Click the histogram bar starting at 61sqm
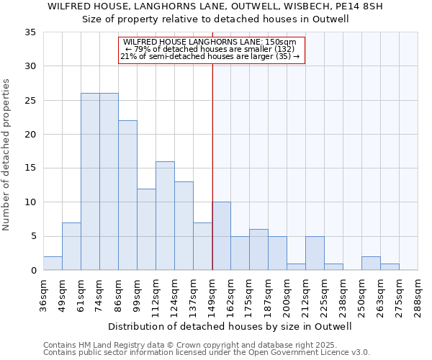pos(90,181)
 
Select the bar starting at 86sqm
pos(127,195)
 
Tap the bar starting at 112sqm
pos(165,216)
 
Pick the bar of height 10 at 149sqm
pos(221,236)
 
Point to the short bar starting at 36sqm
pos(53,264)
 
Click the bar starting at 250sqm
pos(371,264)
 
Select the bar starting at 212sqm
pos(315,253)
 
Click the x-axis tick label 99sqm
pos(138,294)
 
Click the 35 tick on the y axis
pos(30,32)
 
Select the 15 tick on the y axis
pos(30,168)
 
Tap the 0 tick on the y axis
pos(33,271)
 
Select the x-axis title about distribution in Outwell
pos(230,326)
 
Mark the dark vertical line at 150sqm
pos(212,166)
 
